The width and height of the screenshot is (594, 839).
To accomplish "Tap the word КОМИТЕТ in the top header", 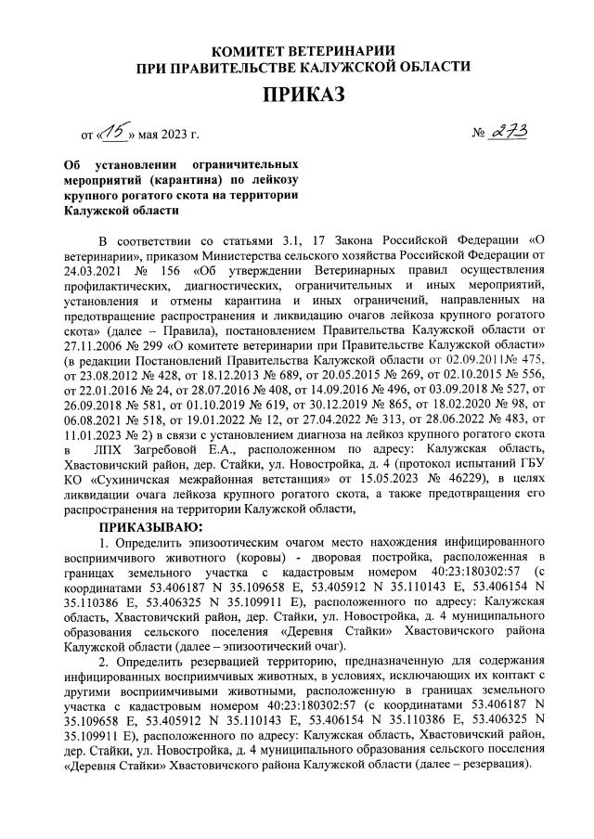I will coord(250,49).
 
